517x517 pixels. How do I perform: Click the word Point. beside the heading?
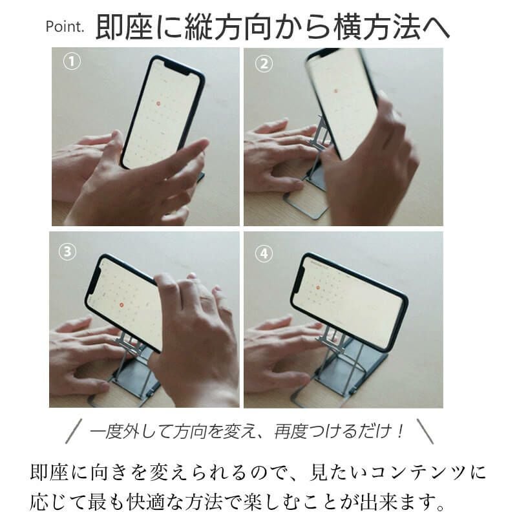(x=65, y=28)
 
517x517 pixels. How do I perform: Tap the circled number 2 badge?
(x=264, y=63)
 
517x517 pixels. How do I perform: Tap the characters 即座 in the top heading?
(x=120, y=28)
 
